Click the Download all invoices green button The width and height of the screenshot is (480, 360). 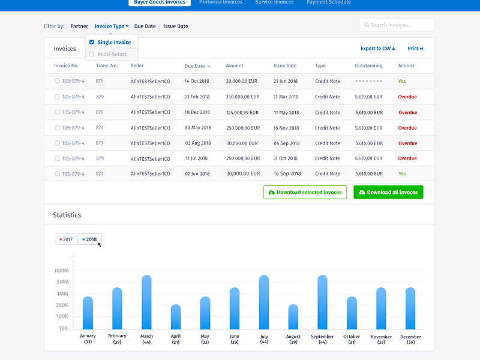388,193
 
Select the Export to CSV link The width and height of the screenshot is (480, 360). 377,49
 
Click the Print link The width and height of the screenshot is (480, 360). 415,49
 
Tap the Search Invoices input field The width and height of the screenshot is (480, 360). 397,25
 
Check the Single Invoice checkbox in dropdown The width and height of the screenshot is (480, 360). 92,43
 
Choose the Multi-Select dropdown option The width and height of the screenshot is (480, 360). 112,55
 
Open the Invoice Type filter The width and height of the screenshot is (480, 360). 112,26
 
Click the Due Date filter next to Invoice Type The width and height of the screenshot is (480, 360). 145,26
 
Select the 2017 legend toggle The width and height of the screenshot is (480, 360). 67,239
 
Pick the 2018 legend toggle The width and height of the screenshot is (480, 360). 90,239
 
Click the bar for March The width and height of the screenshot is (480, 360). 146,302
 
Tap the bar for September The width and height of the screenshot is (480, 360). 322,302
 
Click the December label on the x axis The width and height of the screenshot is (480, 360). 410,337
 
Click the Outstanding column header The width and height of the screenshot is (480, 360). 368,66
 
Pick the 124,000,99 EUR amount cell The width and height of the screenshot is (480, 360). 242,112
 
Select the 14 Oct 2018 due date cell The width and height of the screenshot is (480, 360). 197,81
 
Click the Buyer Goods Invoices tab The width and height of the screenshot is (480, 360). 160,2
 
